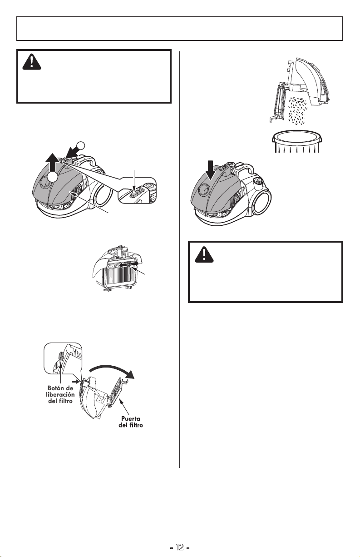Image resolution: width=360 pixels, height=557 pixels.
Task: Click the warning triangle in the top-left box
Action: click(x=32, y=62)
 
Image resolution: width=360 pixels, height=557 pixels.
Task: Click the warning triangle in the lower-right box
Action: click(x=204, y=254)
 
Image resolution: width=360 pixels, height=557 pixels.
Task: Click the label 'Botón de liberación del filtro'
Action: click(x=60, y=394)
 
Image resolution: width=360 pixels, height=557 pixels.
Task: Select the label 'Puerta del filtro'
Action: click(x=131, y=422)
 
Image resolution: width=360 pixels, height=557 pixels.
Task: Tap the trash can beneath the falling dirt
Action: click(x=297, y=142)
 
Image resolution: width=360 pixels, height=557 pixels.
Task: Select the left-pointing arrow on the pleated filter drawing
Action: click(x=123, y=265)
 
